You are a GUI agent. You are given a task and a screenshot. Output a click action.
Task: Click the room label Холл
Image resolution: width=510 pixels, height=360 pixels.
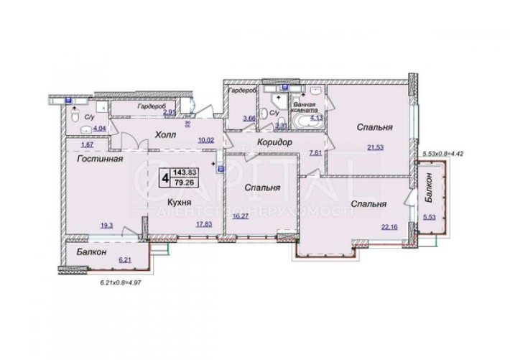click(167, 134)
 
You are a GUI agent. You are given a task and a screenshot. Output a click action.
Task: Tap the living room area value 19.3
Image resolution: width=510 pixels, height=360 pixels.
click(106, 225)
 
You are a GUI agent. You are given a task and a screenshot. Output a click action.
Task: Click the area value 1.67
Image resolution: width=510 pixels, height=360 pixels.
click(87, 144)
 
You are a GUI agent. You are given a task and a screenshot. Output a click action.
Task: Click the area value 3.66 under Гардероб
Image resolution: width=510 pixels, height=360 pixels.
click(249, 119)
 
